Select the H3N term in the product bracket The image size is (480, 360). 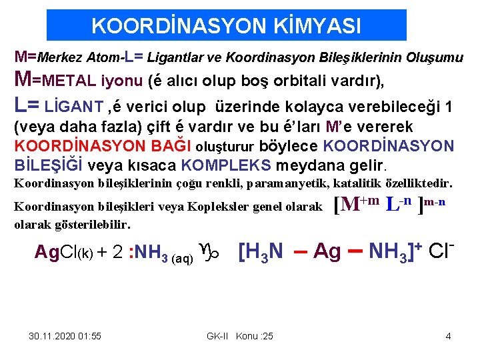tap(265, 252)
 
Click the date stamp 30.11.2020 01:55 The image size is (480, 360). tap(65, 336)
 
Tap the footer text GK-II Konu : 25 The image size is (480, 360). tap(240, 336)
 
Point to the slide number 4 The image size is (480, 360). tap(448, 336)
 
